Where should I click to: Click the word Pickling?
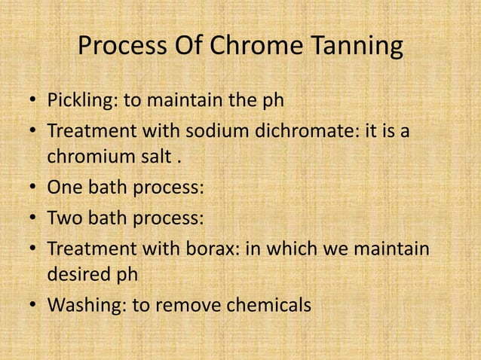coord(79,100)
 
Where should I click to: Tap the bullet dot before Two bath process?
coord(34,218)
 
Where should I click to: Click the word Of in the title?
coord(183,47)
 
